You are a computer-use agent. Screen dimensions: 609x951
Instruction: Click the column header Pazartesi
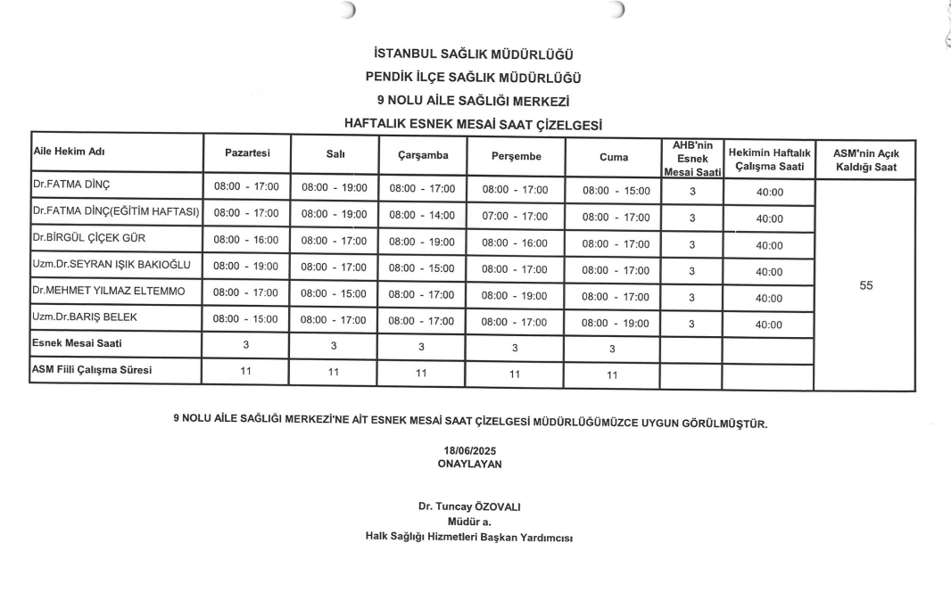[247, 154]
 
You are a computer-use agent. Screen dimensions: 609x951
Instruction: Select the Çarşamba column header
[423, 156]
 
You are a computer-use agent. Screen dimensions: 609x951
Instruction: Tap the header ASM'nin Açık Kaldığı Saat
[864, 160]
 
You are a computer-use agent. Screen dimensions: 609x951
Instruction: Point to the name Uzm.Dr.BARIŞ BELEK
[85, 317]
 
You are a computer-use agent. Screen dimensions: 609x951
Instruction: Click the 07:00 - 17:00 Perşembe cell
[515, 215]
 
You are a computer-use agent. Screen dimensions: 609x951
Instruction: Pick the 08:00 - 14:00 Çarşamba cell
[422, 215]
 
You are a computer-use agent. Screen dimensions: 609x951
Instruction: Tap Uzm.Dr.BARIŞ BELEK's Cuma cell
[616, 324]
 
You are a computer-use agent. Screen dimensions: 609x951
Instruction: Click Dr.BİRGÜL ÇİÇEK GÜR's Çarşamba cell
[422, 241]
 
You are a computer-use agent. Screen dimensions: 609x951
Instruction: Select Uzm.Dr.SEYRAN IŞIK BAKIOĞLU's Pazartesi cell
[246, 266]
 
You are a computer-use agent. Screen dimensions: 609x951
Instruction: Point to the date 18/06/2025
[469, 451]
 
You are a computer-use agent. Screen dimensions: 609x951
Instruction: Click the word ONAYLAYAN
[469, 464]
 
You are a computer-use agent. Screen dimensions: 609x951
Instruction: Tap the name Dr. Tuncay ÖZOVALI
[469, 506]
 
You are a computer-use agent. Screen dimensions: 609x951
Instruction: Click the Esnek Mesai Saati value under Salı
[334, 344]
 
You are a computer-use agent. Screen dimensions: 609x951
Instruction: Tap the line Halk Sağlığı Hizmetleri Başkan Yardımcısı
[469, 536]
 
